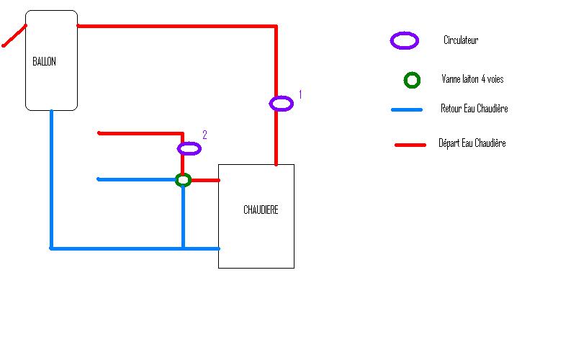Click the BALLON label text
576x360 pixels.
tap(44, 62)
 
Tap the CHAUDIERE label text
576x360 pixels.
tap(260, 210)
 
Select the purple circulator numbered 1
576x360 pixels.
tap(282, 104)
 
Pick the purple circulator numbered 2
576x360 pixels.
tap(189, 148)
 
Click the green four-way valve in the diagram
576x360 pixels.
tap(184, 180)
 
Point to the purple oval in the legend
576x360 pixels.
tap(405, 41)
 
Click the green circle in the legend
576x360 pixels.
tap(412, 80)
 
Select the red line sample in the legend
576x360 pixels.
tap(411, 145)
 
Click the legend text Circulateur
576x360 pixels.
tap(461, 41)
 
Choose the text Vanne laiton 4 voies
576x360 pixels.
tap(472, 80)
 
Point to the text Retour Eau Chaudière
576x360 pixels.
tap(474, 109)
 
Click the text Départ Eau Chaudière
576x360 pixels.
tap(472, 144)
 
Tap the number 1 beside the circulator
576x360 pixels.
tap(300, 94)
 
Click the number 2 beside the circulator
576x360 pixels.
tap(204, 135)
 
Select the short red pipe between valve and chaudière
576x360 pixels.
tap(205, 180)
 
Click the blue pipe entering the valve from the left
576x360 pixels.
tap(137, 179)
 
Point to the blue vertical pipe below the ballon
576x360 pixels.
tap(51, 180)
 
